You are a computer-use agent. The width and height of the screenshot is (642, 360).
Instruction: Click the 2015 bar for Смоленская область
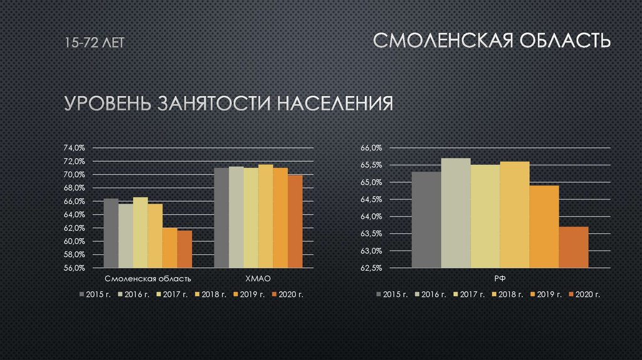111,233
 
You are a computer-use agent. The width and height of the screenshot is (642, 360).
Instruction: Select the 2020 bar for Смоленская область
184,249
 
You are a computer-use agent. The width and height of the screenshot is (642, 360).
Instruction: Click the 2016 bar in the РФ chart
456,213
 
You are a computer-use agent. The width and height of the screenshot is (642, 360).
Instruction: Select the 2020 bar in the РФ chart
574,247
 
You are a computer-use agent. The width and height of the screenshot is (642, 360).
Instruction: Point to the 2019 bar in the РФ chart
544,226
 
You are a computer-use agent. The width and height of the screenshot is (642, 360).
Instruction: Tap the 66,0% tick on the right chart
371,148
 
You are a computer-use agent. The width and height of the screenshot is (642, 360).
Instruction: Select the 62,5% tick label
371,268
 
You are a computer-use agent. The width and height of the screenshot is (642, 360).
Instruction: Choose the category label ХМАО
258,278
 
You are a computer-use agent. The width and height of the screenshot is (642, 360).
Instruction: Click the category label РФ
500,278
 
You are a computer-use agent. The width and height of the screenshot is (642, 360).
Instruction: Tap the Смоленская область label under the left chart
148,278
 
